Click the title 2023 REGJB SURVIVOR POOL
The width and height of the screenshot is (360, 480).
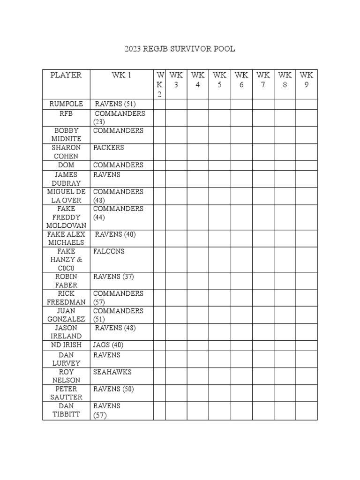click(x=180, y=49)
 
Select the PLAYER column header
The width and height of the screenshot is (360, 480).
click(x=66, y=75)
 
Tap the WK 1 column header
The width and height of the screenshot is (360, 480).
click(x=121, y=75)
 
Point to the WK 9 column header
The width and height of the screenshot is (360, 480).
click(x=307, y=80)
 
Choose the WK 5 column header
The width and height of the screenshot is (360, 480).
click(x=219, y=80)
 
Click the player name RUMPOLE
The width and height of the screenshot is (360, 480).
click(x=66, y=104)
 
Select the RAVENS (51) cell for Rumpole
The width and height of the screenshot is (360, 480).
click(x=115, y=104)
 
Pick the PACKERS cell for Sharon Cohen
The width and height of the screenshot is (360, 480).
click(x=109, y=148)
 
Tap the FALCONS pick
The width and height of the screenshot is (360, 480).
click(x=109, y=251)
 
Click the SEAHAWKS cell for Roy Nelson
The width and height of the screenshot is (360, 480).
click(x=112, y=372)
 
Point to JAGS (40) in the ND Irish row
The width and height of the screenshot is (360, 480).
click(x=108, y=345)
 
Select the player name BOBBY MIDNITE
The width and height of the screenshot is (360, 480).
click(x=66, y=135)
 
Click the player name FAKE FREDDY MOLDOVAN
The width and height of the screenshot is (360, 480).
click(x=66, y=217)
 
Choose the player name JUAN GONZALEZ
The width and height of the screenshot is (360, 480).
click(x=66, y=315)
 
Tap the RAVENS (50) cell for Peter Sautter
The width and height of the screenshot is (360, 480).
click(x=113, y=389)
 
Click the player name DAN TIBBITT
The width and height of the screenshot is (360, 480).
click(x=66, y=410)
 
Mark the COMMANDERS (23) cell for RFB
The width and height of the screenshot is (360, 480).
click(x=119, y=118)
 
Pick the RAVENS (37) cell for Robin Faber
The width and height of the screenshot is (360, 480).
click(x=113, y=277)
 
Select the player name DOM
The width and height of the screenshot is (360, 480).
click(x=66, y=165)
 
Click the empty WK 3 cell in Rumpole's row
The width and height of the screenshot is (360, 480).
click(x=176, y=104)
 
